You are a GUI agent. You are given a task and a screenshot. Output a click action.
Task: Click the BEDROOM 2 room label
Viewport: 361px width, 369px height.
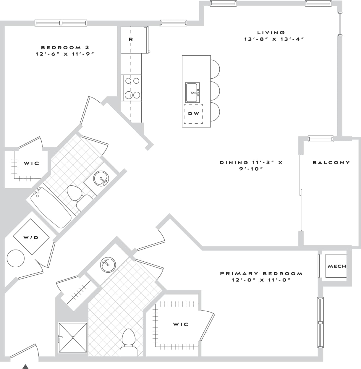point(65,48)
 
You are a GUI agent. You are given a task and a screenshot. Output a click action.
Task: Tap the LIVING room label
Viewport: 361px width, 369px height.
point(271,33)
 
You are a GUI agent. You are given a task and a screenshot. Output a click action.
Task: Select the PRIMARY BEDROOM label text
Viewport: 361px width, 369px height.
point(261,273)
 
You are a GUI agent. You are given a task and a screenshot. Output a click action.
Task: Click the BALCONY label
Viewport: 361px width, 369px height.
point(331,162)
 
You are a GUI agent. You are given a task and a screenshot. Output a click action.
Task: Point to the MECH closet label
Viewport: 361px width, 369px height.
point(336,266)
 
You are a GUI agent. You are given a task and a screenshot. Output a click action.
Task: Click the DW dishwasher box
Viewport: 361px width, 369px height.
point(193,114)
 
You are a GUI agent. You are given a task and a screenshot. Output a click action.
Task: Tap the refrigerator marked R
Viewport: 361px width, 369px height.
point(131,40)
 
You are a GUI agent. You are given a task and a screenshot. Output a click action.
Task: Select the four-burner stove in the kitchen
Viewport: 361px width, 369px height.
point(132,88)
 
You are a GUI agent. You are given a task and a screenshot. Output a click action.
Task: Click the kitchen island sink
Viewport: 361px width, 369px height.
point(192,93)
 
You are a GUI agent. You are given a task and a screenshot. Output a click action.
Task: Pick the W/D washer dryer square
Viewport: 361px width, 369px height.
point(31,237)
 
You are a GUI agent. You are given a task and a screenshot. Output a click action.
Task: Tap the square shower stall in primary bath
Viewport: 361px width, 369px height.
point(73,337)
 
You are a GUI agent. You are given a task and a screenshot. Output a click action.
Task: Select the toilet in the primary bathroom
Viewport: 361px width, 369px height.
point(128,343)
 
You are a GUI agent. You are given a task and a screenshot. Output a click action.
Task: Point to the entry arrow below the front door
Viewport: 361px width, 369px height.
point(26,367)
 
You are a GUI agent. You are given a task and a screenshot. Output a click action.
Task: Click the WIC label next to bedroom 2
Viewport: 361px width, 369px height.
point(31,163)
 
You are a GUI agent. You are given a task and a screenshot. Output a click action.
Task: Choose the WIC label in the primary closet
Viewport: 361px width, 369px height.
point(180,324)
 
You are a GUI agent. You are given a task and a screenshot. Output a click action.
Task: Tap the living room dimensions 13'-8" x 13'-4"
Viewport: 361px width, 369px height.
point(274,39)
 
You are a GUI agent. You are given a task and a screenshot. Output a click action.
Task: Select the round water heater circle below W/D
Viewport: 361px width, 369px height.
point(16,258)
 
